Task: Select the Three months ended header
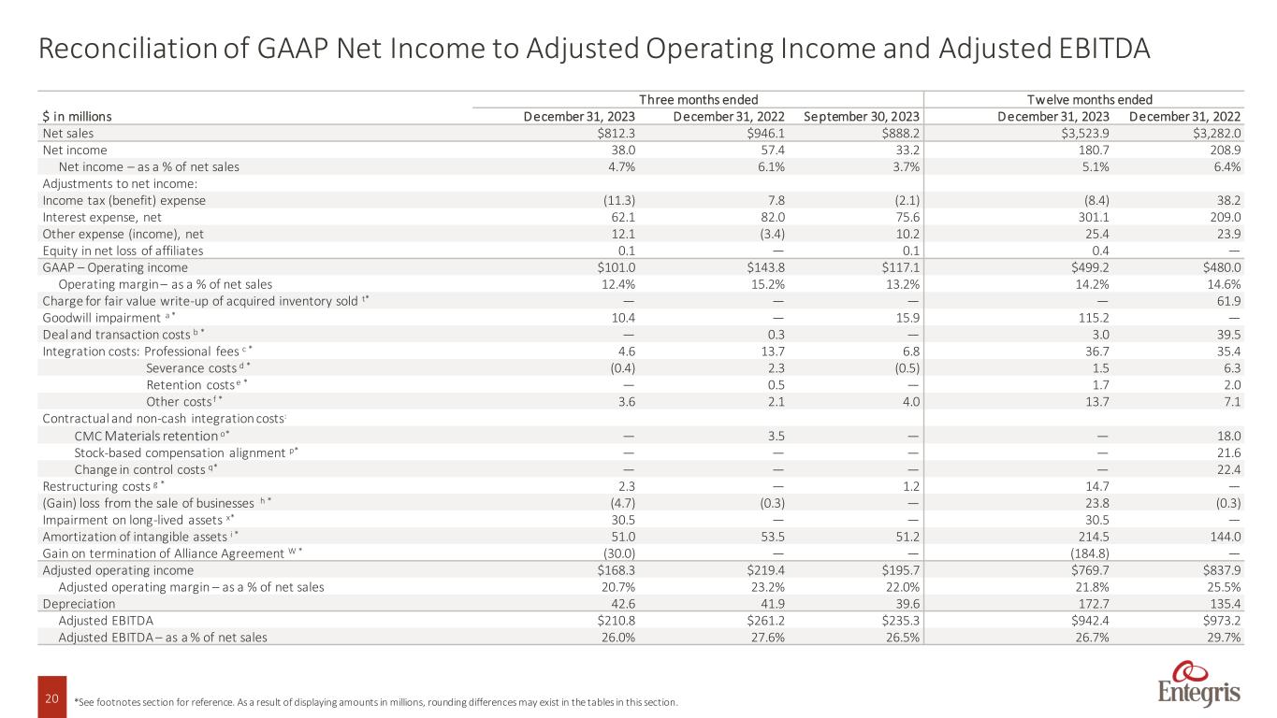pyautogui.click(x=698, y=100)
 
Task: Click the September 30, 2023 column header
pyautogui.click(x=861, y=117)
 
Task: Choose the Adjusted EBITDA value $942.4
pyautogui.click(x=1087, y=620)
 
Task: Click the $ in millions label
pyautogui.click(x=78, y=117)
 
